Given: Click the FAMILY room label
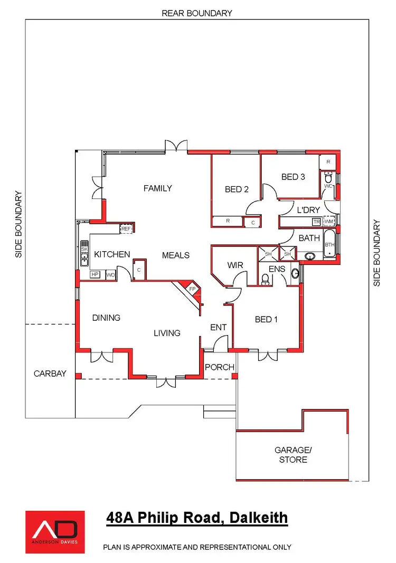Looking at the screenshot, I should tap(158, 188).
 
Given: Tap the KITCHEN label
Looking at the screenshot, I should tap(112, 254).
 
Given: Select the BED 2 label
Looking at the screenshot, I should tap(237, 189).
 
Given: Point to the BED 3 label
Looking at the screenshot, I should tap(293, 177).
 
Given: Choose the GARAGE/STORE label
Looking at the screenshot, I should tap(293, 455).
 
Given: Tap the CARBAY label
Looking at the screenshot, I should tap(50, 374).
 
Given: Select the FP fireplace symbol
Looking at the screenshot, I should tap(192, 289).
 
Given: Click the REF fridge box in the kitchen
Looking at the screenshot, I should tap(126, 228).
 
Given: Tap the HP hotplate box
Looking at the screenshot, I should tap(95, 274).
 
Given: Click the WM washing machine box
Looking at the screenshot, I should tap(329, 222).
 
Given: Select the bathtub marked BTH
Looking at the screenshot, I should tap(329, 245).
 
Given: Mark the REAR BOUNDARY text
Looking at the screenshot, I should tap(197, 13).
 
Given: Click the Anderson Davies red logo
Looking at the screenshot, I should tap(55, 531).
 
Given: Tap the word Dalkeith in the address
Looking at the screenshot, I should tap(260, 518).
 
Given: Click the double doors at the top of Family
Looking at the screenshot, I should tap(176, 146).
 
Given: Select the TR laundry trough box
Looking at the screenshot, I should tap(316, 222).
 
